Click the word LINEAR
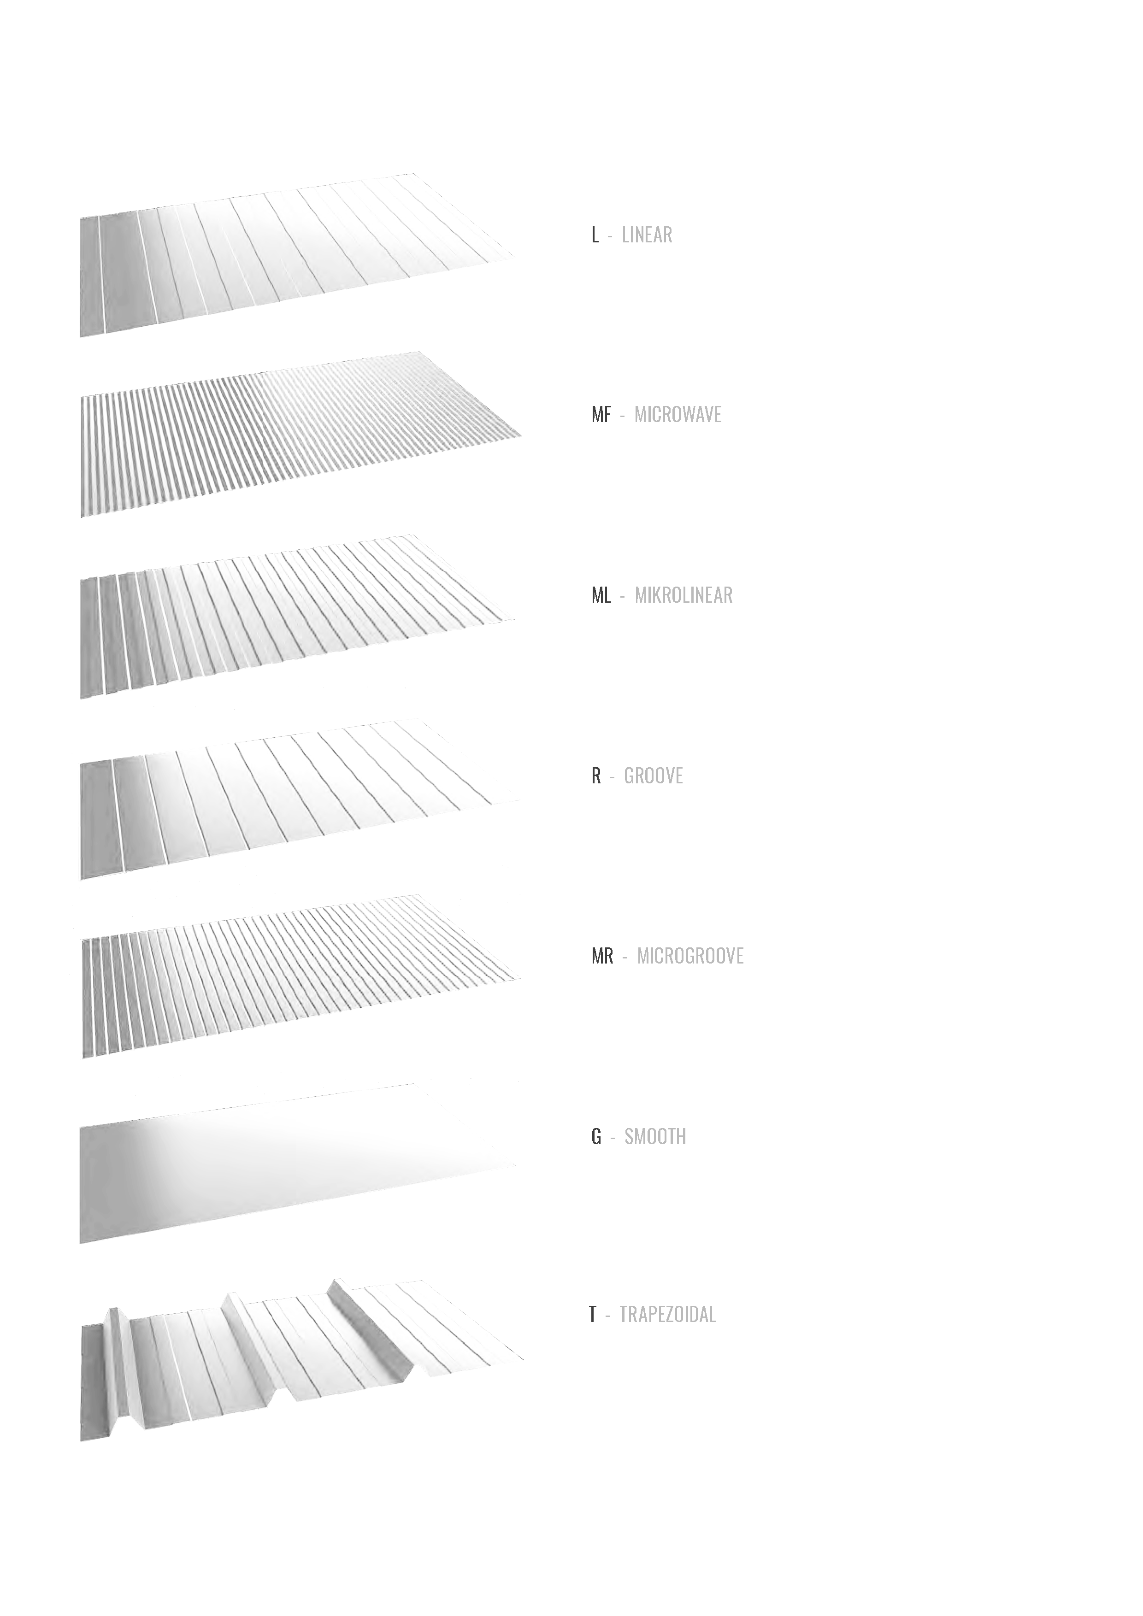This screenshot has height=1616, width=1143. point(647,235)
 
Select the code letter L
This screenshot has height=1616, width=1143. point(595,235)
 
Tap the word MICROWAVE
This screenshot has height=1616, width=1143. point(678,415)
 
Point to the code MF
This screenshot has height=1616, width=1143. point(601,415)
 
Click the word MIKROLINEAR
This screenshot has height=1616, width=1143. point(683,595)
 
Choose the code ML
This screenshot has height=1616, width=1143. point(601,595)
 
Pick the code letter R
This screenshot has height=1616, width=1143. point(596,776)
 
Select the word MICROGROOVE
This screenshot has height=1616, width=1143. point(690,956)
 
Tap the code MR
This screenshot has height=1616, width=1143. point(602,956)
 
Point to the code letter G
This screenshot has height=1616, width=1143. point(596,1137)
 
